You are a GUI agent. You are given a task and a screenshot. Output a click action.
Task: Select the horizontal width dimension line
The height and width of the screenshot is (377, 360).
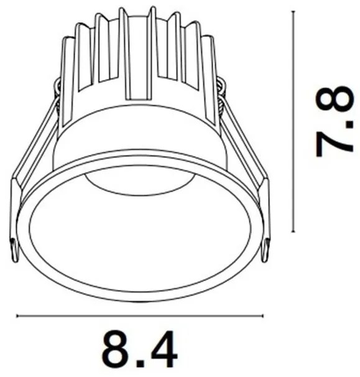(x=142, y=317)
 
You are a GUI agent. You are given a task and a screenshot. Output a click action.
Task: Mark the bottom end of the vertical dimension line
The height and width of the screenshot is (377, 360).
(x=293, y=232)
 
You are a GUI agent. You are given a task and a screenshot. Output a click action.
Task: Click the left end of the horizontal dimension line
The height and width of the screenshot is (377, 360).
(x=17, y=317)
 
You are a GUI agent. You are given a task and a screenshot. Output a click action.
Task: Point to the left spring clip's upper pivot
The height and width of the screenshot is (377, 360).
(x=58, y=85)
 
